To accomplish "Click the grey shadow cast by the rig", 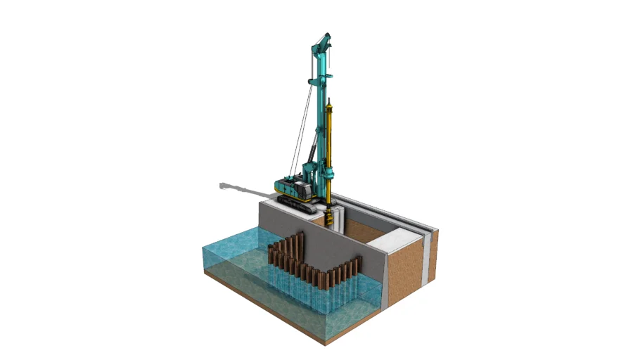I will pos(239,188).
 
